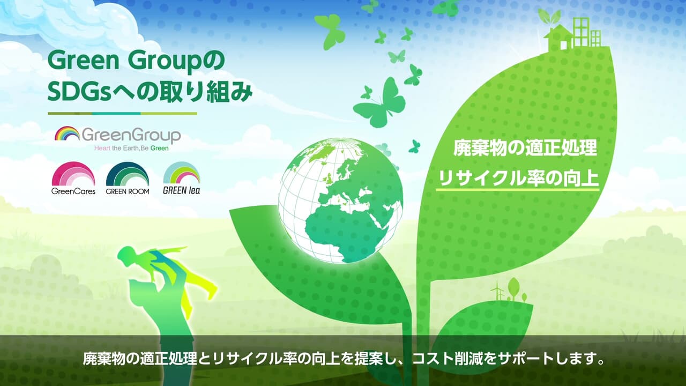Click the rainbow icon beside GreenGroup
pyautogui.click(x=67, y=133)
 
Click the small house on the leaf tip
pyautogui.click(x=558, y=38)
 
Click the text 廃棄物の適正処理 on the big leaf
pyautogui.click(x=518, y=149)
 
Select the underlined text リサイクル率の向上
pyautogui.click(x=518, y=178)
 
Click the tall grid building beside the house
pyautogui.click(x=581, y=32)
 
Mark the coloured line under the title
pyautogui.click(x=122, y=113)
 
